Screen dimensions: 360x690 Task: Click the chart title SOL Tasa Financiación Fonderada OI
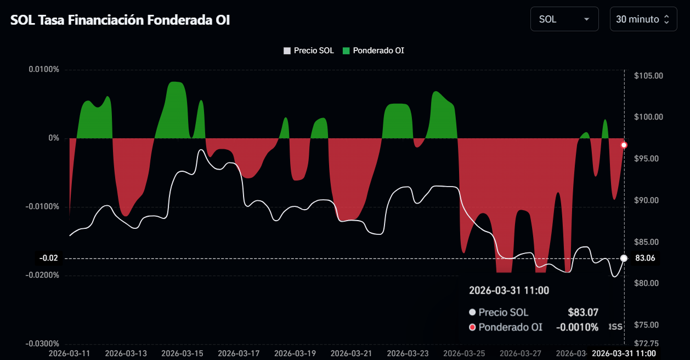pos(120,20)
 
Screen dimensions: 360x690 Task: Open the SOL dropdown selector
pos(564,19)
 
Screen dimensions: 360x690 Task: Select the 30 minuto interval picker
pos(643,19)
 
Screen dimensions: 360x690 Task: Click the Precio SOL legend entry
pos(309,50)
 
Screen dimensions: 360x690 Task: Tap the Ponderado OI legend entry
pos(374,50)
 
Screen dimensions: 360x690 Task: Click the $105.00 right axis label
pos(648,76)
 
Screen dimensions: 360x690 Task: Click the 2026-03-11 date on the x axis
pos(70,352)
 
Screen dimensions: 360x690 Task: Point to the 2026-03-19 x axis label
pos(295,352)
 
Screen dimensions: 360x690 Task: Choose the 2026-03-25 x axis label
pos(465,352)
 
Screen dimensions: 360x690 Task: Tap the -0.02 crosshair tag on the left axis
pos(48,258)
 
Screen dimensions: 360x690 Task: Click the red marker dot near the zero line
pos(624,145)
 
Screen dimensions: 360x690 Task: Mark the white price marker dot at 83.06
pos(624,258)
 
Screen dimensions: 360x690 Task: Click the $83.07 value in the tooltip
pos(583,312)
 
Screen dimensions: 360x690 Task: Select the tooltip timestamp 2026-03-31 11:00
pos(508,290)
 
